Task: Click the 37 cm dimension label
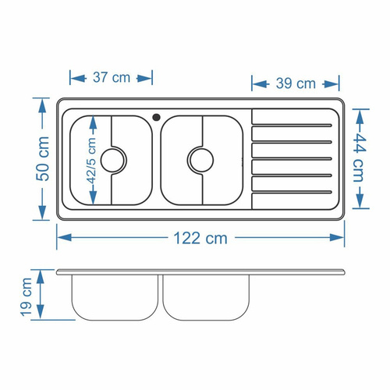[x=112, y=77]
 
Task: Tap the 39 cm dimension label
[x=296, y=83]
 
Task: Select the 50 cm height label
[x=43, y=158]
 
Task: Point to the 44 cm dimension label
[x=360, y=158]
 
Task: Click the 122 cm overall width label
[x=200, y=238]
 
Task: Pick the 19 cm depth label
[x=26, y=297]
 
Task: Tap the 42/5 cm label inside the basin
[x=92, y=161]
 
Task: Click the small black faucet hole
[x=156, y=117]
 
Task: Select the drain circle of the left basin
[x=113, y=160]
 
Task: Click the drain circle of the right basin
[x=201, y=160]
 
